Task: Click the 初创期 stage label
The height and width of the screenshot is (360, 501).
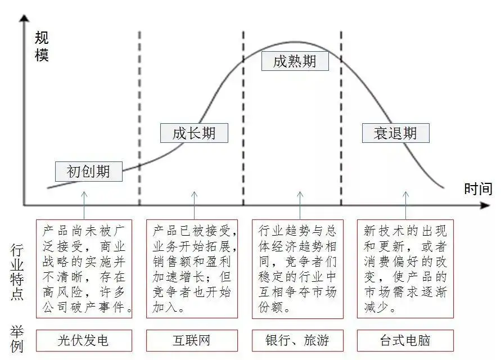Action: (88, 172)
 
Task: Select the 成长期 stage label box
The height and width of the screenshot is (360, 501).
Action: (194, 133)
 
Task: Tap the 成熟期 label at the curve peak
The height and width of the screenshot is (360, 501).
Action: (295, 61)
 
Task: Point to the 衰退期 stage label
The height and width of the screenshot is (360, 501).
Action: (395, 133)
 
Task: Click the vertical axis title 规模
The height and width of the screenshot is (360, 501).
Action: (42, 47)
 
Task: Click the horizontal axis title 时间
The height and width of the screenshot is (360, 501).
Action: (479, 189)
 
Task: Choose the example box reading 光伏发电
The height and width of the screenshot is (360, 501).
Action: (84, 340)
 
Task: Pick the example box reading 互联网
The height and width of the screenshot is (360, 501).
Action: (192, 340)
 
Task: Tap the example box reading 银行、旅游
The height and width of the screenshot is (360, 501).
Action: (297, 340)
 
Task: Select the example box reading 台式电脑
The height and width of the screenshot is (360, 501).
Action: (405, 340)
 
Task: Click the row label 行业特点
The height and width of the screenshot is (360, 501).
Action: (17, 272)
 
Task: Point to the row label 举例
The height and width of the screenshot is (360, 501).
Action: (17, 339)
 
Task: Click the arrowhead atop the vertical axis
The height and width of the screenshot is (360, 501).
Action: (24, 18)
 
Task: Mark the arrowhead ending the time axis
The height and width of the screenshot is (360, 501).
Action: (485, 205)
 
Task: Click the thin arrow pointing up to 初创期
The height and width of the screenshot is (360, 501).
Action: (84, 205)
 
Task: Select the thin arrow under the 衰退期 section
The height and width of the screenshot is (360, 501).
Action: (406, 205)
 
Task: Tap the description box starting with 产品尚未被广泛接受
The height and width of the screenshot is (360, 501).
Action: (84, 269)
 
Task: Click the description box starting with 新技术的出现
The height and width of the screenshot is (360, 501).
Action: (405, 269)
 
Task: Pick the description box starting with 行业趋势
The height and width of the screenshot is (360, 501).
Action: (297, 269)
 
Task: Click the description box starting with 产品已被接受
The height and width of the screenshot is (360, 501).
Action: (192, 269)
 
